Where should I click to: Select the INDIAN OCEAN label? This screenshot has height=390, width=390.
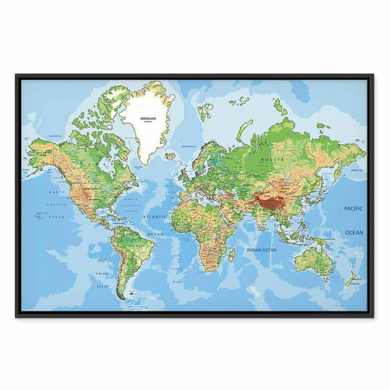(261, 250)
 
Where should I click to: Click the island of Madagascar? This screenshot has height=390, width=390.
(231, 254)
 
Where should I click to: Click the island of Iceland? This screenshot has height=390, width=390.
(170, 156)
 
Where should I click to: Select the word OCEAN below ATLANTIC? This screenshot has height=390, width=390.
(155, 233)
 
